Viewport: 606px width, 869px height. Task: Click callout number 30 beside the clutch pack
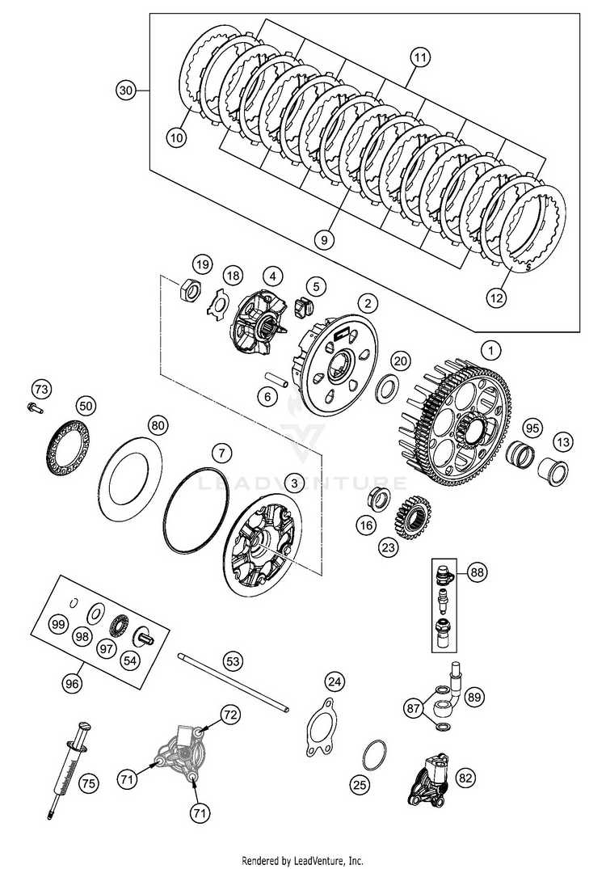coord(124,91)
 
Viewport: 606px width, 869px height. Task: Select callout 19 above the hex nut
coord(202,264)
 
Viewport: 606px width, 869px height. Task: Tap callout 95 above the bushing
coord(531,427)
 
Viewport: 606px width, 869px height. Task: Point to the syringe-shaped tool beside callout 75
coord(68,768)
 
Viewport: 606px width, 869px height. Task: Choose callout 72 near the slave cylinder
coord(231,714)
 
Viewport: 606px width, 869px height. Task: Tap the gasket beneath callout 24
coord(323,723)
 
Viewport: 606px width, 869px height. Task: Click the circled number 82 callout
coord(465,778)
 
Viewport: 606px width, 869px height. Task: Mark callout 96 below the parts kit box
coord(73,683)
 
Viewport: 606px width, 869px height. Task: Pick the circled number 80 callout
coord(158,424)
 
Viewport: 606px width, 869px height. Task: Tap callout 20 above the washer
coord(401,360)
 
